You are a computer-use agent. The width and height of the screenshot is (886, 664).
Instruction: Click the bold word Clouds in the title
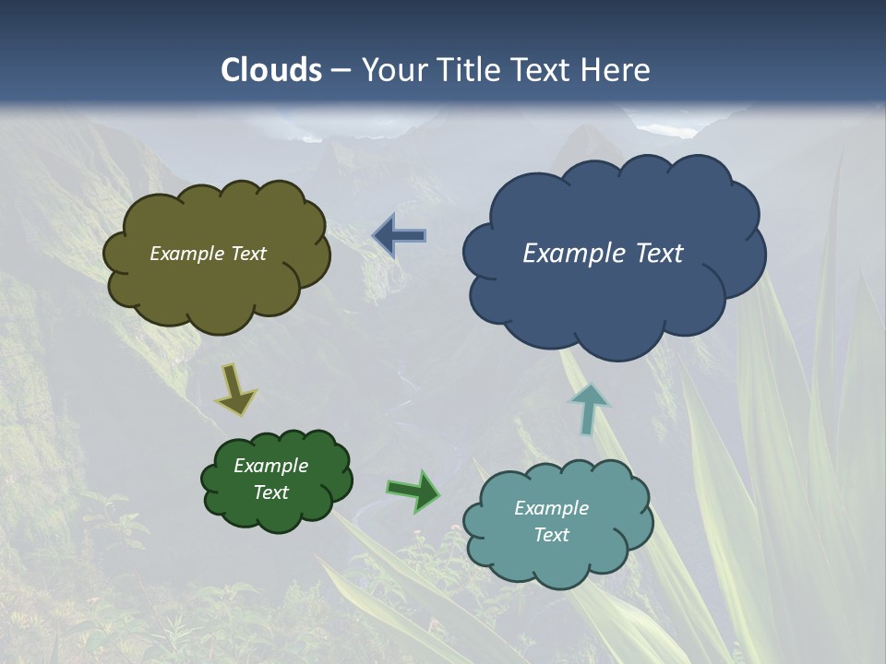point(271,70)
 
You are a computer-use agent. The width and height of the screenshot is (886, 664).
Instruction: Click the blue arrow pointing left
point(400,236)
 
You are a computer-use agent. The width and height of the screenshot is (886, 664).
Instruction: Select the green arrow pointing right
point(413,491)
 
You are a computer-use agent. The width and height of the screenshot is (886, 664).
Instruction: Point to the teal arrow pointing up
point(588,408)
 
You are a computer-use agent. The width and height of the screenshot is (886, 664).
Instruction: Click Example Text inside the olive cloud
point(208,254)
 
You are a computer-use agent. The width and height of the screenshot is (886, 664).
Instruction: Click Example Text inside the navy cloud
point(603,254)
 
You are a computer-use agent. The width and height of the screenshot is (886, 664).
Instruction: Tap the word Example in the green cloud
point(270,466)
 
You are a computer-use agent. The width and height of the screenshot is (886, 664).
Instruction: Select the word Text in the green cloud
point(270,492)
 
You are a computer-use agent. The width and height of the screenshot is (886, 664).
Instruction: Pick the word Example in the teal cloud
point(551,508)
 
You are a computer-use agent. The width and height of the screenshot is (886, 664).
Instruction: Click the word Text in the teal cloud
point(551,535)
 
